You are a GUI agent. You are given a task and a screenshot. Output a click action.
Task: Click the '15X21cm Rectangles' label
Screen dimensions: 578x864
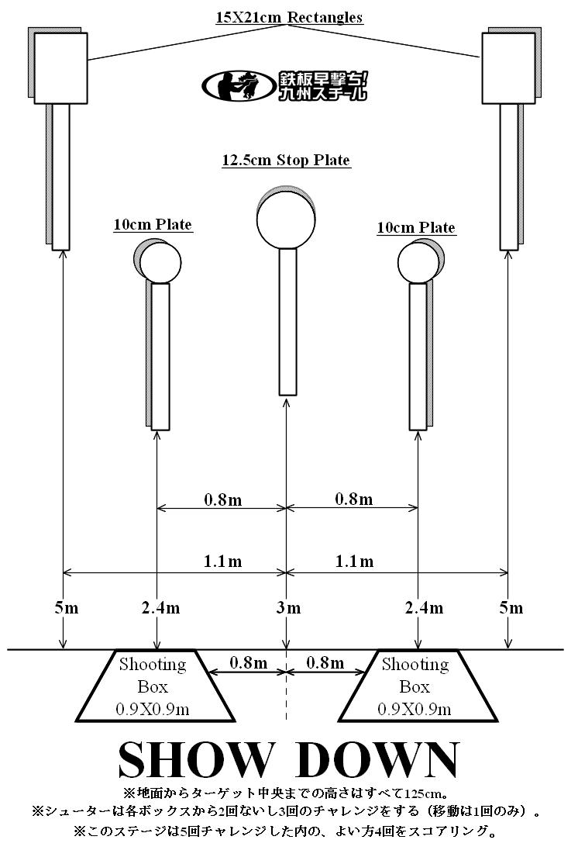(289, 17)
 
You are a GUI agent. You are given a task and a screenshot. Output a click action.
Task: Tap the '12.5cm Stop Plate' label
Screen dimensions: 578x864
(286, 160)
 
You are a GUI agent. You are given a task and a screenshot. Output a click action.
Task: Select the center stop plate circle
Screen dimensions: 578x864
(286, 219)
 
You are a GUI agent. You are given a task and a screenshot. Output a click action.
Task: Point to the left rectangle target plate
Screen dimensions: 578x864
(60, 68)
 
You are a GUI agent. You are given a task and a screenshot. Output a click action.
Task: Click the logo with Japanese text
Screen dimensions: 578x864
(284, 85)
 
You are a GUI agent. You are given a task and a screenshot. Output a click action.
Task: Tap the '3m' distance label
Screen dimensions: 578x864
(288, 608)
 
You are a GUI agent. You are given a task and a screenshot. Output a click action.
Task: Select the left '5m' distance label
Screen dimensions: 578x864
(66, 608)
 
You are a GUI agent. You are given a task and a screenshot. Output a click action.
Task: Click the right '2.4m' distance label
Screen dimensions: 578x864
(425, 608)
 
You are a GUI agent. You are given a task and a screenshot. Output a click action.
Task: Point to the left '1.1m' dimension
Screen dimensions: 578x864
(223, 561)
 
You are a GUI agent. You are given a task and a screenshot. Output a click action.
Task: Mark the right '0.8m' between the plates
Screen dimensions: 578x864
(354, 499)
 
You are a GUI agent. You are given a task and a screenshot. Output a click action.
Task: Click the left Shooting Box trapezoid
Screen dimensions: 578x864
(155, 686)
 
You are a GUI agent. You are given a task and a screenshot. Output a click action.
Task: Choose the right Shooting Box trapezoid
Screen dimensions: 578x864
(418, 686)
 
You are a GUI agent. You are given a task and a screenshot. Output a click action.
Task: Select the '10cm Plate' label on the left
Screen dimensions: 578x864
(153, 224)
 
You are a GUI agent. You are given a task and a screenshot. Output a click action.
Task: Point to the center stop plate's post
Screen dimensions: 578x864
(288, 322)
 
